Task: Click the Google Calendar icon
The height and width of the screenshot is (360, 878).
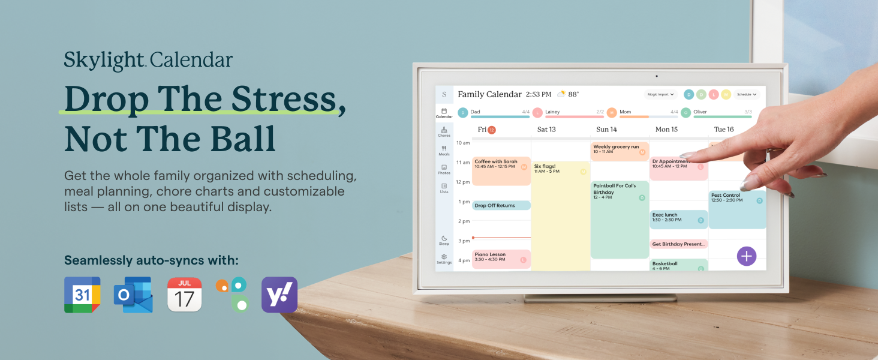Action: (x=82, y=295)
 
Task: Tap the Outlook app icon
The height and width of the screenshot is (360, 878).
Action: (x=133, y=295)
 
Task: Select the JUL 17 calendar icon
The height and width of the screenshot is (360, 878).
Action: (x=185, y=295)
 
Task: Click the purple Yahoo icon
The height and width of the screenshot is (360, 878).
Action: (x=279, y=295)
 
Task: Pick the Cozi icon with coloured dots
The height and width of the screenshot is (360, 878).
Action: (x=233, y=295)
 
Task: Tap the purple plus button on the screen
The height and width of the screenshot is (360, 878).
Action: (x=746, y=256)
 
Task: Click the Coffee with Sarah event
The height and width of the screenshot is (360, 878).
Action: (x=501, y=170)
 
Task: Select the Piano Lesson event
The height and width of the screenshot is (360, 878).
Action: (x=501, y=259)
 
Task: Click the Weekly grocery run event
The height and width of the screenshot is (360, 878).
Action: (x=620, y=151)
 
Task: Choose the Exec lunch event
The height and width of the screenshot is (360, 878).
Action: (x=678, y=219)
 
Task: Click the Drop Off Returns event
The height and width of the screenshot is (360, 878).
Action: (x=501, y=205)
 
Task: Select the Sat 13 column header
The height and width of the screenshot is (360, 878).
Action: (x=546, y=130)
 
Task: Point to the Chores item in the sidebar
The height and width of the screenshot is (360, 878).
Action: (x=444, y=132)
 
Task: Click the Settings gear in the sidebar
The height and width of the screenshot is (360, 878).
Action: (x=444, y=259)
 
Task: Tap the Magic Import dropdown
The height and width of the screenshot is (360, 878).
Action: (x=661, y=94)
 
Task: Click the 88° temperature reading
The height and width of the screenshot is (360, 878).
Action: (x=573, y=94)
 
